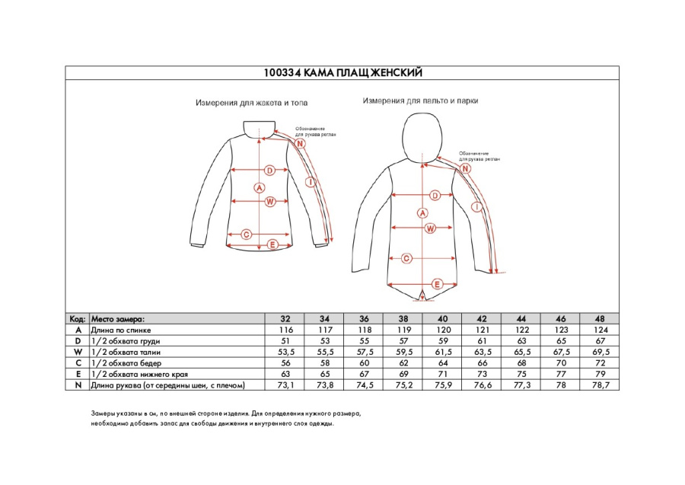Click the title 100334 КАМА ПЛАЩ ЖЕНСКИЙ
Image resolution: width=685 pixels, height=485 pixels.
[342, 73]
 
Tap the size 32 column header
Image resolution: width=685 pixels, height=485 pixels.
[285, 318]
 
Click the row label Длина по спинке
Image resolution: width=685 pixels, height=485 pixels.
[121, 330]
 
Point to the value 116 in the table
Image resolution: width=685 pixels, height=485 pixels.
[285, 330]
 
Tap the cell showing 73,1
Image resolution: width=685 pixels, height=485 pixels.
[285, 385]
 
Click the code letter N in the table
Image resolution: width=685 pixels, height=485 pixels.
[77, 385]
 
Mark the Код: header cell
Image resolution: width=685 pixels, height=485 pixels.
[77, 318]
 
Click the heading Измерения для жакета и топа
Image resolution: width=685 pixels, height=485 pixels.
[251, 102]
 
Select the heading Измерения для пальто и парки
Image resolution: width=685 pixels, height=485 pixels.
[419, 100]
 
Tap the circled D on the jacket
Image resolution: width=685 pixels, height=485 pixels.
[269, 170]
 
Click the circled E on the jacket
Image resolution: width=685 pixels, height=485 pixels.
[271, 244]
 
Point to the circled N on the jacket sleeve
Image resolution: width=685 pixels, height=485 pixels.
[300, 144]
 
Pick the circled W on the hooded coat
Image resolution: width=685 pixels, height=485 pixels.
[429, 228]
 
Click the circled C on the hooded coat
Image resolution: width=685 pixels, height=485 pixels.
[407, 259]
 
